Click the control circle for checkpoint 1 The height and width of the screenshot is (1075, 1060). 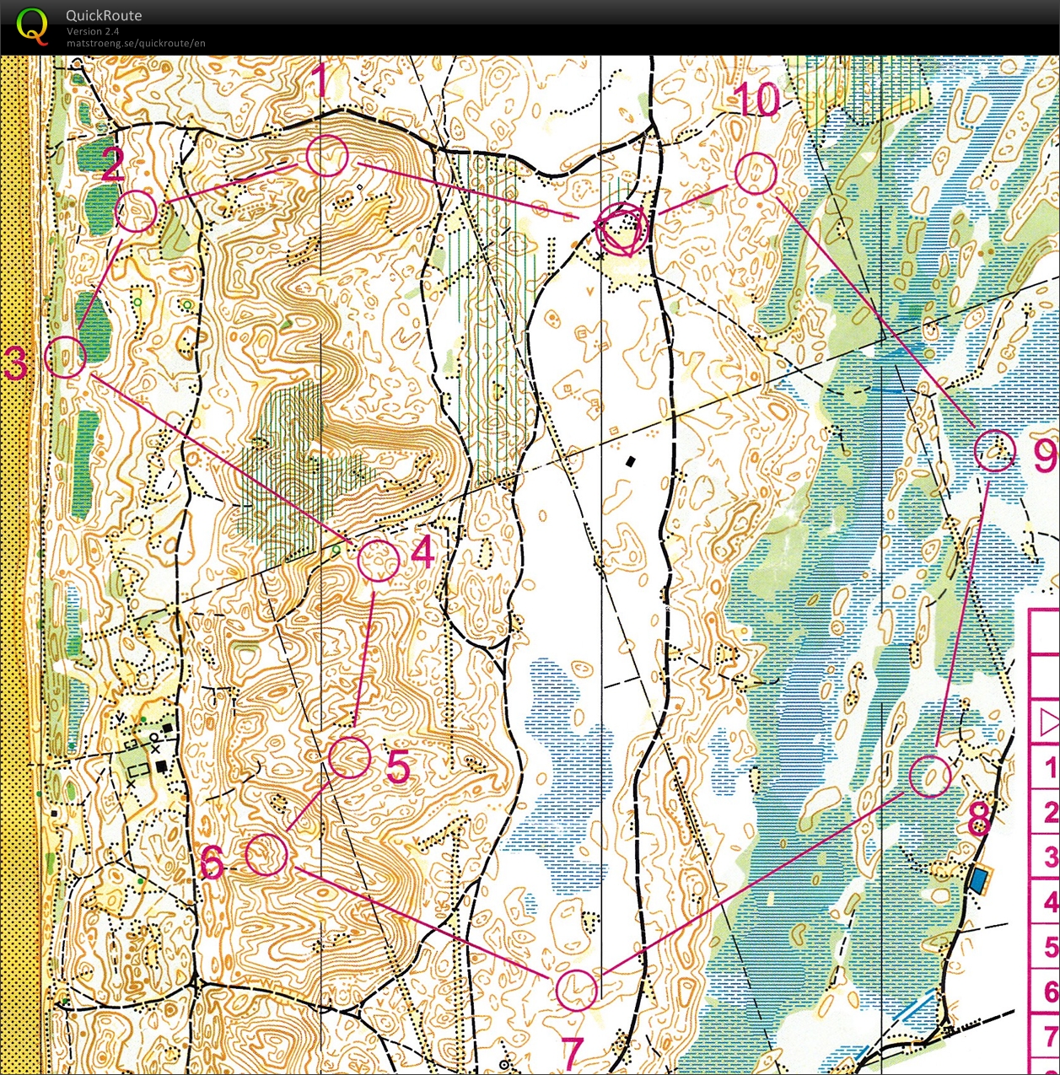[x=327, y=156]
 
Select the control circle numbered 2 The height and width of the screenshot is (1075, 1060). [x=136, y=211]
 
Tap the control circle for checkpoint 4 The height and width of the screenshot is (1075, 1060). [x=379, y=561]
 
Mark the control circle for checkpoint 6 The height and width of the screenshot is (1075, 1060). [x=266, y=854]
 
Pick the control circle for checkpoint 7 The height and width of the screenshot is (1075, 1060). [x=577, y=989]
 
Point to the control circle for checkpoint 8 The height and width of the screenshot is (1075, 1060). [x=930, y=776]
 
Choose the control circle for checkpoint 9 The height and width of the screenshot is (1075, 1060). [x=995, y=450]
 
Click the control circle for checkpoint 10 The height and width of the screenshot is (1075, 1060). [x=756, y=173]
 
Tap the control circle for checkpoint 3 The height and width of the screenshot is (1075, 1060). [x=65, y=357]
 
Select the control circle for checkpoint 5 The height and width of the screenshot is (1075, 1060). [x=349, y=757]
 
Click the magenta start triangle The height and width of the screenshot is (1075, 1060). [x=622, y=230]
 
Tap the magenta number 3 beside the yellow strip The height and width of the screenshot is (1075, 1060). [x=15, y=364]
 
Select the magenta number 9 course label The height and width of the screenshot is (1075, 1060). [x=1044, y=456]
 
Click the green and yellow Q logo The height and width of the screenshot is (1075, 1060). [x=32, y=25]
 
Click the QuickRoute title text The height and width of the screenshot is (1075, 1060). [x=104, y=15]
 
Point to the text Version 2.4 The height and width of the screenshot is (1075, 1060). [x=93, y=31]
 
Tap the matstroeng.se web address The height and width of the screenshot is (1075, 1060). [x=136, y=43]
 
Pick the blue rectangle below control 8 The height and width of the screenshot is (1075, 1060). [x=978, y=881]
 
